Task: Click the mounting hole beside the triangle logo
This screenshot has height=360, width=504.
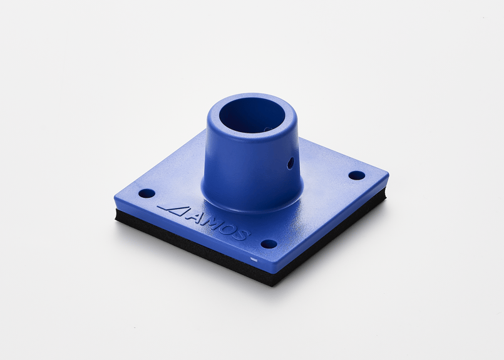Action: [x=147, y=194]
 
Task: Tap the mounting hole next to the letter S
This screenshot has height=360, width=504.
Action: [x=269, y=244]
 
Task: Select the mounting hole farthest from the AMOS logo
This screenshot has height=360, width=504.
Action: [x=357, y=175]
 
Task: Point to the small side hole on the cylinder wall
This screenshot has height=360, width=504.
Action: [x=291, y=163]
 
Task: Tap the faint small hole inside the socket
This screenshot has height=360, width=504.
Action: [x=267, y=129]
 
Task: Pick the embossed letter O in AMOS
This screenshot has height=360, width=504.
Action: [x=229, y=229]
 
